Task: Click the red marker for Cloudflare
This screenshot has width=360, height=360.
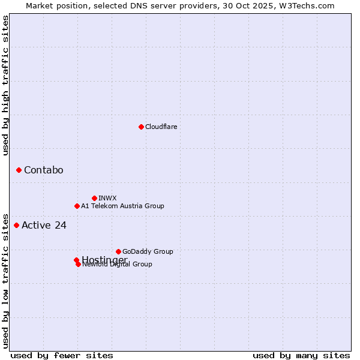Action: point(141,127)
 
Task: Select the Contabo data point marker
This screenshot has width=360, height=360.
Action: point(19,170)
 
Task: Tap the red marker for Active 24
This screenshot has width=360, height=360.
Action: point(16,226)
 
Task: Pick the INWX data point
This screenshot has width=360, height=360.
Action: point(94,198)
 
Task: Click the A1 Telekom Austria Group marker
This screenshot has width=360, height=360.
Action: point(77,206)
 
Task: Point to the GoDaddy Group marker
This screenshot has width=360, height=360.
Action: point(118,251)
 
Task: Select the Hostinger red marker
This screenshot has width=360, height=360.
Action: point(76,260)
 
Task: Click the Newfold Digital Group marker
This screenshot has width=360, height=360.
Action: point(78,264)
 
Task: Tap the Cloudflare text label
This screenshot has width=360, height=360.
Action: point(161,127)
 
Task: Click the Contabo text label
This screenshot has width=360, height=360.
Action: point(43,170)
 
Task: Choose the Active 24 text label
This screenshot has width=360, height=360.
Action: point(44,226)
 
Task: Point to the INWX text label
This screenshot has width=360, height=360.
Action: point(107,198)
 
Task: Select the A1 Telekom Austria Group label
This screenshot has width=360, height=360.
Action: point(122,206)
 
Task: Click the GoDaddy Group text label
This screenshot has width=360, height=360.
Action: point(148,251)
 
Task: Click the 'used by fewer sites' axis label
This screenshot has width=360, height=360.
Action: point(62,356)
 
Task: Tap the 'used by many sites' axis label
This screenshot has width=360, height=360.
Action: point(301,356)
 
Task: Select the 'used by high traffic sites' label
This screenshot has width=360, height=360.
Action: point(6,85)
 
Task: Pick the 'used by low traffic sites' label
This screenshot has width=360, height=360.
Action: point(6,280)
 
